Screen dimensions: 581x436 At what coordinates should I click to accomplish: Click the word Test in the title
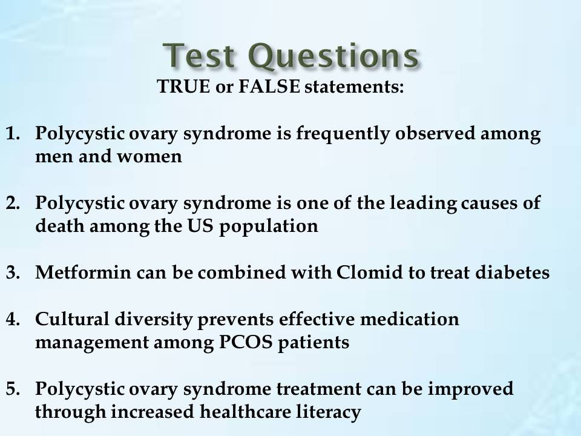[x=199, y=56]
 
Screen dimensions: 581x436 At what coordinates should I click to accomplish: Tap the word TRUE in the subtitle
[x=183, y=87]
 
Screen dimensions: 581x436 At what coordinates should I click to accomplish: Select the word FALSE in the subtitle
[x=269, y=87]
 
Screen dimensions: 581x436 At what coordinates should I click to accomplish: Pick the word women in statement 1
[x=149, y=156]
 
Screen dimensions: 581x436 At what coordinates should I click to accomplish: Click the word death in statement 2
[x=60, y=225]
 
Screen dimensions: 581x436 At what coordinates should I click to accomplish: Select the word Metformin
[x=83, y=272]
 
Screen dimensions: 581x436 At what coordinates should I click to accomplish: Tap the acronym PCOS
[x=246, y=342]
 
